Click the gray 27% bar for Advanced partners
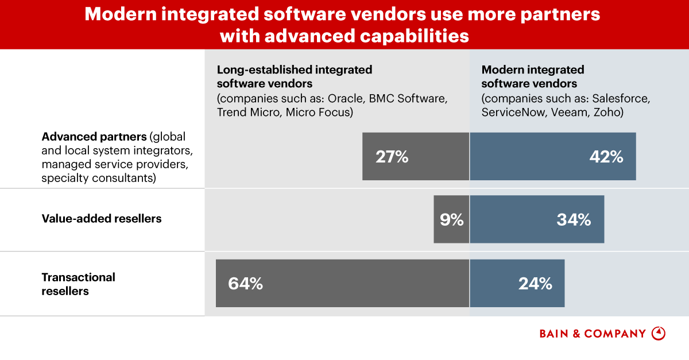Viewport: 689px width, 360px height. [x=416, y=156]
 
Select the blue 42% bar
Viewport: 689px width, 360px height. [x=552, y=156]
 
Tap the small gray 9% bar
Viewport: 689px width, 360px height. [x=451, y=219]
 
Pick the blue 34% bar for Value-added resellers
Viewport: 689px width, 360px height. [x=537, y=219]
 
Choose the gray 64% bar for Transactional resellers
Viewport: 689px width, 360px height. [x=342, y=283]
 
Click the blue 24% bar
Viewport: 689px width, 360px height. [x=517, y=283]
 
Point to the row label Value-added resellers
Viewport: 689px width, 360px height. [x=102, y=219]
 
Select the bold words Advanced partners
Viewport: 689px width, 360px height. [x=94, y=138]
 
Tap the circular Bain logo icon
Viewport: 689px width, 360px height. [x=659, y=334]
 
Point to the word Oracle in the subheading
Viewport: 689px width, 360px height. [x=345, y=98]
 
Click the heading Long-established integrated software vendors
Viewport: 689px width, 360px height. [x=295, y=76]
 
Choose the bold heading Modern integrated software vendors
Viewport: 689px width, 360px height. [x=533, y=76]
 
